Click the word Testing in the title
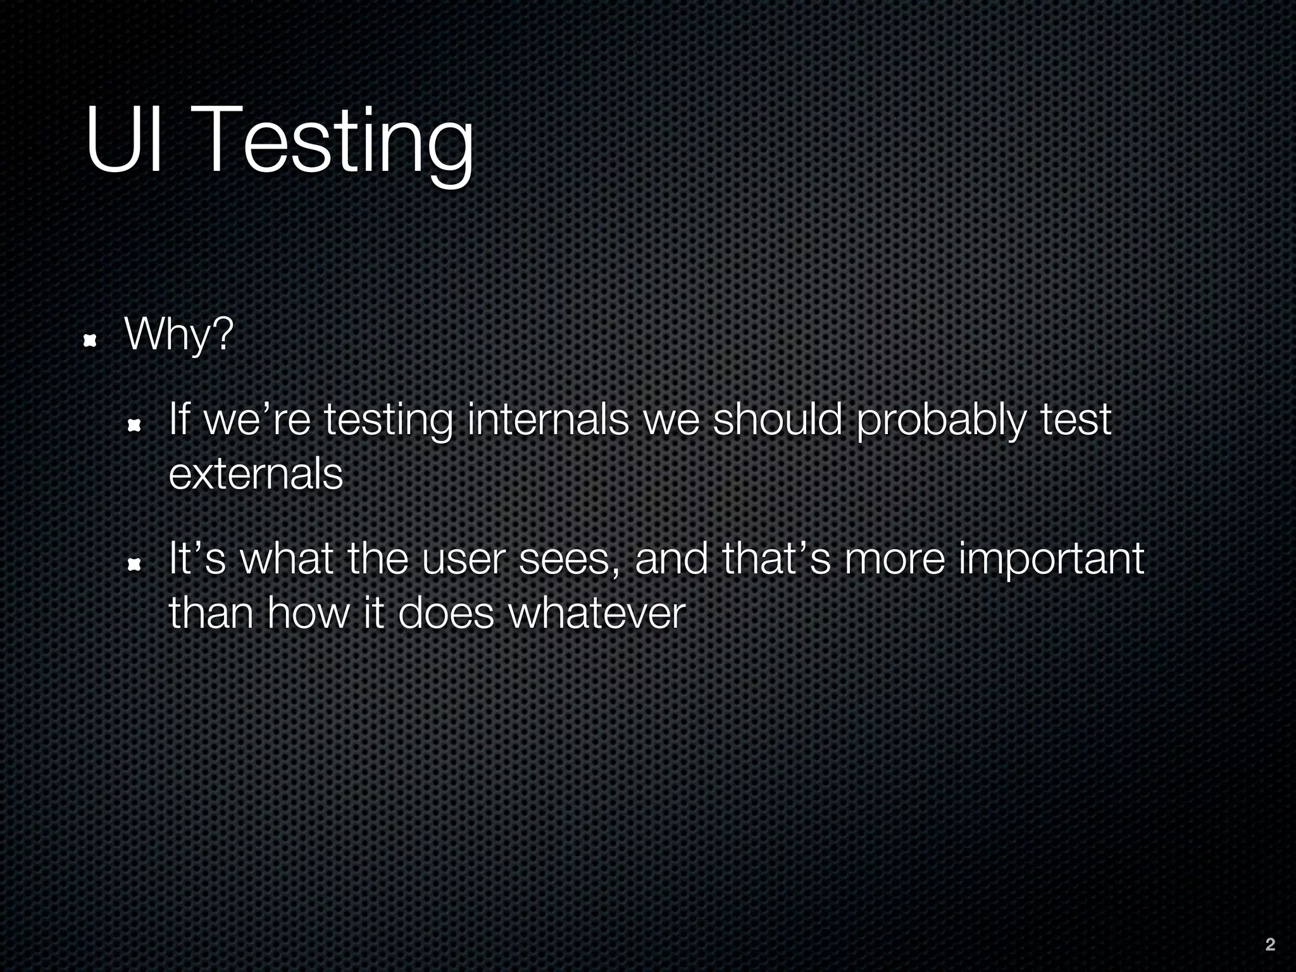(x=335, y=142)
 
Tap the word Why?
(x=179, y=335)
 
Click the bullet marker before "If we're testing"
(x=134, y=427)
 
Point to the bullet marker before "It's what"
(x=134, y=564)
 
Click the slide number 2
(x=1269, y=945)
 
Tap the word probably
(x=939, y=421)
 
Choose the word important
(x=1050, y=560)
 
